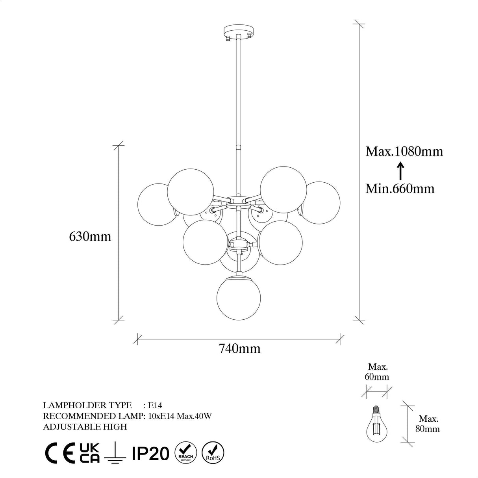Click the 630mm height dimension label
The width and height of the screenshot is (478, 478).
coord(90,237)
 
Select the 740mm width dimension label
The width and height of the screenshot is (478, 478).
coord(239,348)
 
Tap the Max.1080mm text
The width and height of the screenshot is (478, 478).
coord(404,151)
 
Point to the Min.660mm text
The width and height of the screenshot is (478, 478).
coord(400,189)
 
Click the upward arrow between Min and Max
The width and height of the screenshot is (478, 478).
coord(400,170)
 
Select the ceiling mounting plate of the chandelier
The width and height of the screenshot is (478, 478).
coord(239,31)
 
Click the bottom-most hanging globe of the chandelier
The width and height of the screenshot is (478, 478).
coord(239,298)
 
